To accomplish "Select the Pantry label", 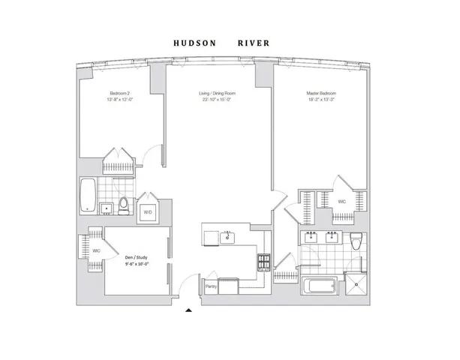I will (x=211, y=286).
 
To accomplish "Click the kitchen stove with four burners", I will (x=265, y=262).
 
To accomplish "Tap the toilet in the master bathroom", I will (x=356, y=240).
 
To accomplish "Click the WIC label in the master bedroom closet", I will (x=341, y=201).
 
